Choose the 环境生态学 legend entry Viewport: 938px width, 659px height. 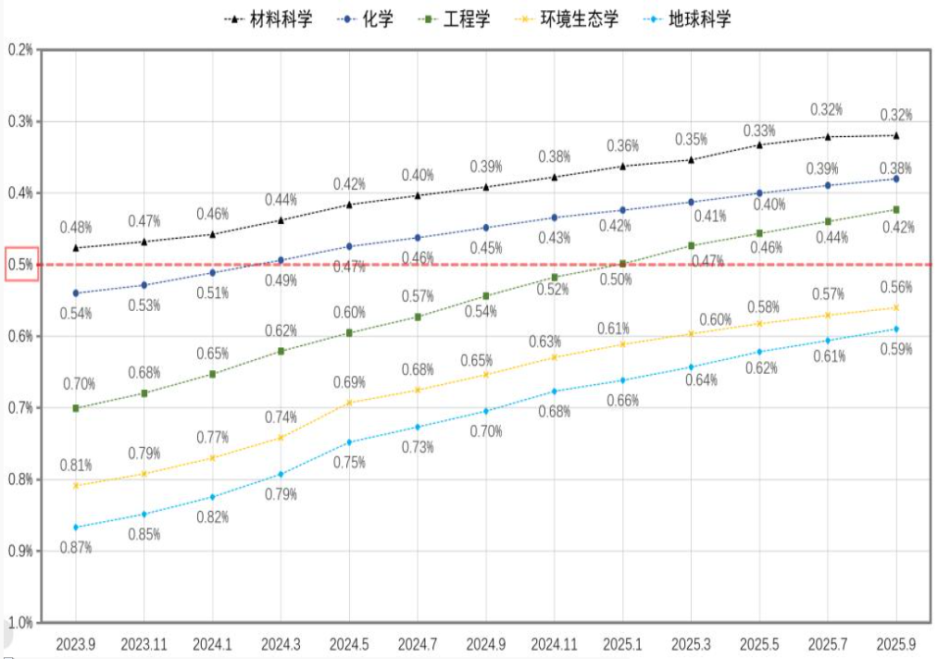tap(580, 19)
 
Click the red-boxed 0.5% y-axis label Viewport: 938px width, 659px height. tap(20, 265)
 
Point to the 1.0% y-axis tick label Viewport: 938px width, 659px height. tap(20, 621)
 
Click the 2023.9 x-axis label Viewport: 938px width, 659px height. tap(76, 641)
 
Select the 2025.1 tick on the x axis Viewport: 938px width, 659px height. tap(623, 641)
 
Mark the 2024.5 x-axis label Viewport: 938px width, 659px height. tap(349, 641)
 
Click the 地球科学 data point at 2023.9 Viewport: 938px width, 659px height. tap(76, 528)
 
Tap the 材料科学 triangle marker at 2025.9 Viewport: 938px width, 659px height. tap(896, 135)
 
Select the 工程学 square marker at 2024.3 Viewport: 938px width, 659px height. tap(281, 351)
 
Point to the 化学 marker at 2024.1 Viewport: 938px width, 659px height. tap(213, 272)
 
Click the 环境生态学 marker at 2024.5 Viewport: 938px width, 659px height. tap(349, 403)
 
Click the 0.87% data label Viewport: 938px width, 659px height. tap(75, 547)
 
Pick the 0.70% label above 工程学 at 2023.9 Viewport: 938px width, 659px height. tap(79, 383)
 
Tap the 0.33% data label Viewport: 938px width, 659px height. tap(759, 131)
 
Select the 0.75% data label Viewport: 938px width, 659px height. tap(349, 463)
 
